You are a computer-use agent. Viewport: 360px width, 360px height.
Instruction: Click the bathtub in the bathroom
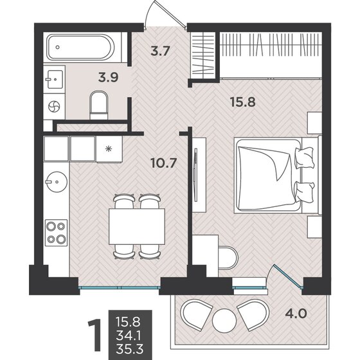coord(80,47)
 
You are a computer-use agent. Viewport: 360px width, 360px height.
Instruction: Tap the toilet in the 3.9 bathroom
coord(99,105)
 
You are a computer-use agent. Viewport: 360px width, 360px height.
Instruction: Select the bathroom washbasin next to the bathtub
coord(55,79)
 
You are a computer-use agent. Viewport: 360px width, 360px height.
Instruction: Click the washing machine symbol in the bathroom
coord(54,107)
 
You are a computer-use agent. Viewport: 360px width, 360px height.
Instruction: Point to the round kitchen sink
coord(57,181)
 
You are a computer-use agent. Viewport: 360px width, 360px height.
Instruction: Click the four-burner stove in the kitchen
coord(57,233)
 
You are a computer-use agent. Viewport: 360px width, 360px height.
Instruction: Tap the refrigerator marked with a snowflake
coord(109,149)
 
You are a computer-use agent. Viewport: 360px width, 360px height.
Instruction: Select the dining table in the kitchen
coord(137,226)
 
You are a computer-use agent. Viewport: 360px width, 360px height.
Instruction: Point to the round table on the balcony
coord(224,320)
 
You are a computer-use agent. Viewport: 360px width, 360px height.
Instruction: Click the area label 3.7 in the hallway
coord(160,51)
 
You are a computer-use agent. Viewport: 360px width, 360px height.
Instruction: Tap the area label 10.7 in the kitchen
coord(164,163)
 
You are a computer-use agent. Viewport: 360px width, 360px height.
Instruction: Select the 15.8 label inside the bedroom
coord(243,102)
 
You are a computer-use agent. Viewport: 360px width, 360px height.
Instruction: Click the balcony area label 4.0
coord(296,314)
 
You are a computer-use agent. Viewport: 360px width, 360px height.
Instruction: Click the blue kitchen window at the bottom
coord(120,287)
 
